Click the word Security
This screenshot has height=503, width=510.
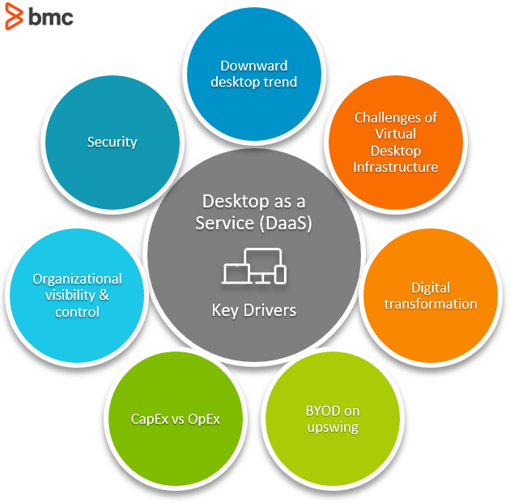112,143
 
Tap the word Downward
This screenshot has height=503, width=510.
254,66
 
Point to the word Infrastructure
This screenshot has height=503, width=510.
395,167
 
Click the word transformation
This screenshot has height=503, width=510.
430,305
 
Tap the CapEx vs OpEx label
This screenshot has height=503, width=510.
175,419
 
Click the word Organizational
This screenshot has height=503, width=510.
77,279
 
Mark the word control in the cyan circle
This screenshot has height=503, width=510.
77,312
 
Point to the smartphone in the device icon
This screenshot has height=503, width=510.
281,275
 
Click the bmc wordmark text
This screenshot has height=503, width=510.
50,16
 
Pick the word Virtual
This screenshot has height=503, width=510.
396,134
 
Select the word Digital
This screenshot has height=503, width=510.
430,288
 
